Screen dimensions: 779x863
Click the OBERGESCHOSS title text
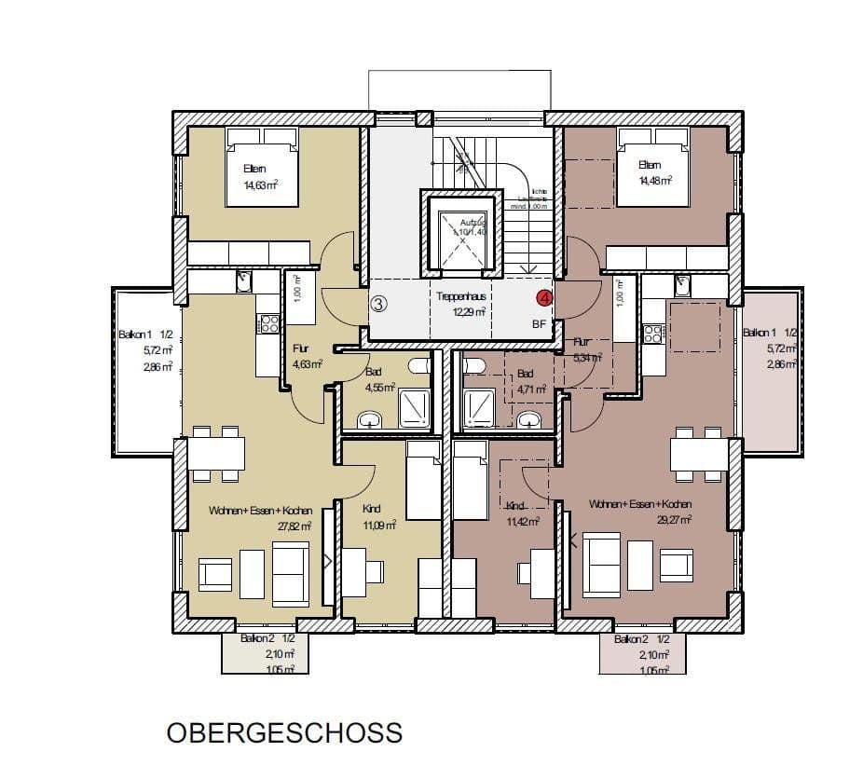pyautogui.click(x=284, y=732)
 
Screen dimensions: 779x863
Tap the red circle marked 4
pyautogui.click(x=544, y=298)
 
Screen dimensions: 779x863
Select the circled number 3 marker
pyautogui.click(x=378, y=303)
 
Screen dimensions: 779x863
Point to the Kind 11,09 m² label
pyautogui.click(x=377, y=517)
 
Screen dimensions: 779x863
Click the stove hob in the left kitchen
pyautogui.click(x=268, y=323)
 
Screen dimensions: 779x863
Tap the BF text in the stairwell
pyautogui.click(x=539, y=324)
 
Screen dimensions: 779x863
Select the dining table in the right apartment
pyautogui.click(x=699, y=454)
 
